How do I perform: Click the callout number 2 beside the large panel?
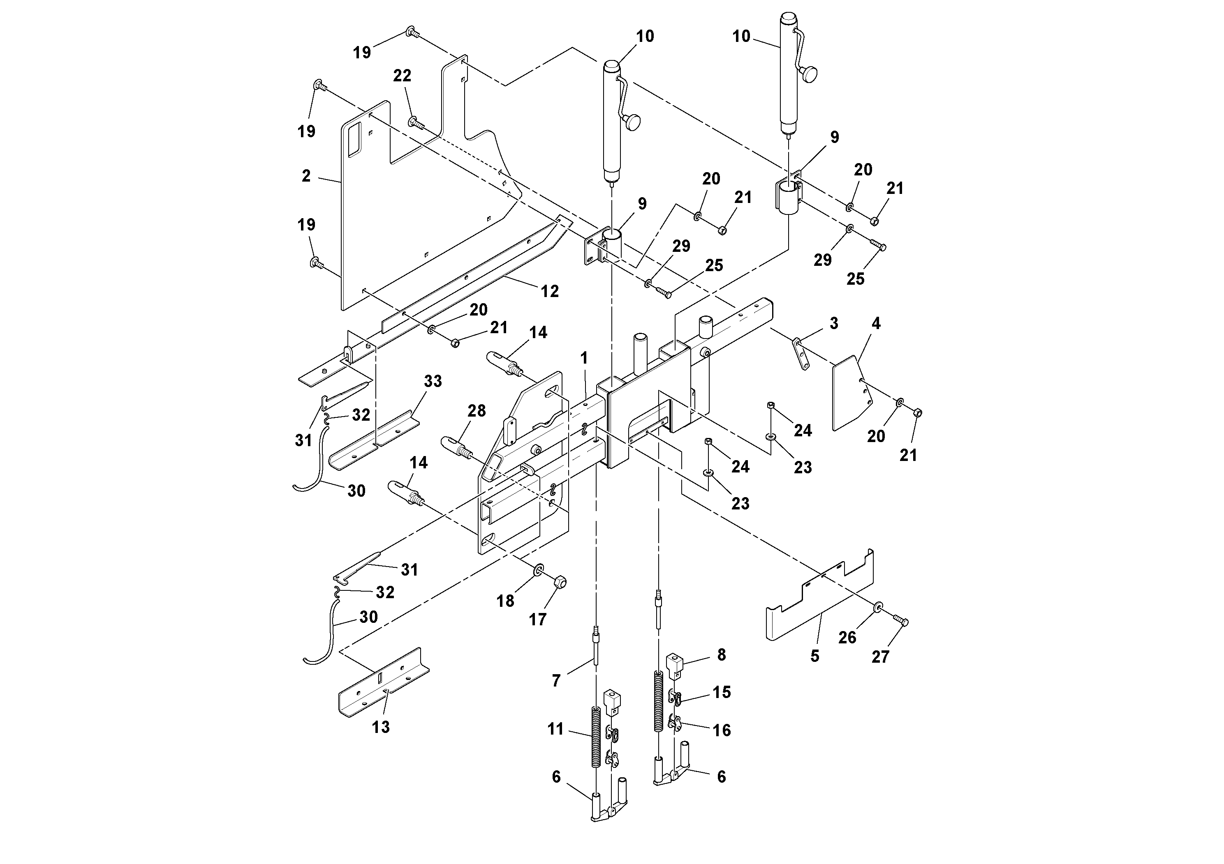pos(306,176)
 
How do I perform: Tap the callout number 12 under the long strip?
pos(550,291)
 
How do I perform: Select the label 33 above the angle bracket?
pos(433,381)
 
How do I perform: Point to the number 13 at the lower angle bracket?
pos(381,727)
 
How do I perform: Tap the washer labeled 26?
pos(877,608)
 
